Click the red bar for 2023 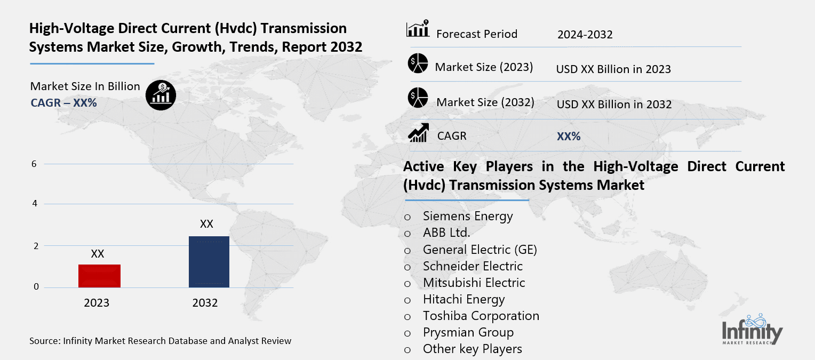99,276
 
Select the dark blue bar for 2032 209,261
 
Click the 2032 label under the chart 205,303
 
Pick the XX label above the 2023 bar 97,254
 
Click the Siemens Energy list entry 467,216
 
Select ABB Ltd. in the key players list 446,233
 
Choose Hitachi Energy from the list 464,299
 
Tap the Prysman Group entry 468,332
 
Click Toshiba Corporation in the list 481,316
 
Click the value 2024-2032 585,35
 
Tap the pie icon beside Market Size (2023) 418,64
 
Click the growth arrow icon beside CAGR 418,133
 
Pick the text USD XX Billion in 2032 614,105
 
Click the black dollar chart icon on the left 161,95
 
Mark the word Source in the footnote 45,341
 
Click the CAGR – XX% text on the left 63,103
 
